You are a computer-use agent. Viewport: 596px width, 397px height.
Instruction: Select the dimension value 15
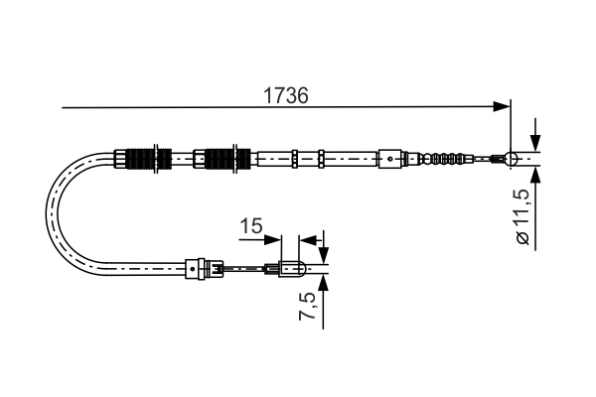pos(250,227)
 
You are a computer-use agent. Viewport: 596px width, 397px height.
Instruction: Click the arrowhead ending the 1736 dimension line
pos(502,104)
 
